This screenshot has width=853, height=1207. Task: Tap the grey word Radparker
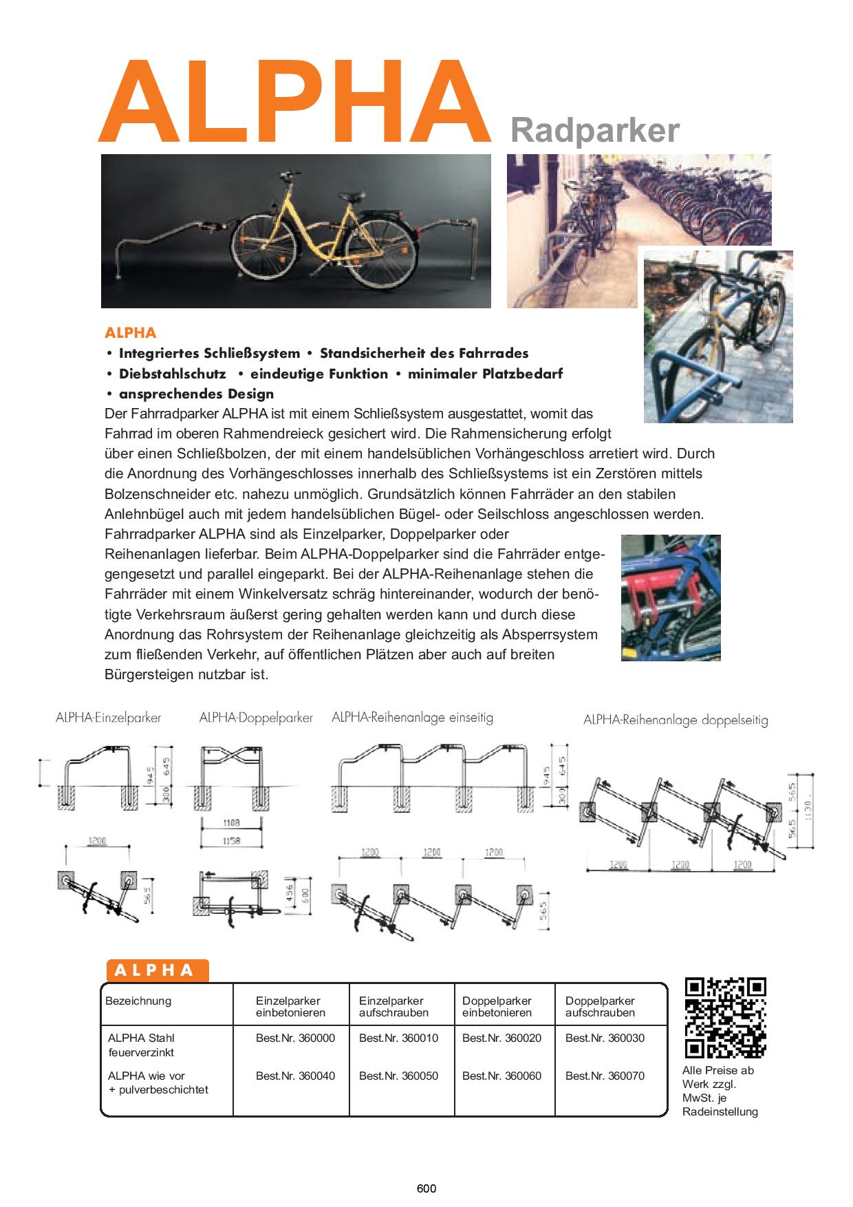594,129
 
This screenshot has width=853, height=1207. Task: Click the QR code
726,1016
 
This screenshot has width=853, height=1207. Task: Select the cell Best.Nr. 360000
295,1038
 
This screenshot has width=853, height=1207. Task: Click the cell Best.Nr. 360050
398,1076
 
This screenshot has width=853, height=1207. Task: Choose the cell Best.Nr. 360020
501,1038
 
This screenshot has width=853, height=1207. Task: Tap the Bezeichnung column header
138,1001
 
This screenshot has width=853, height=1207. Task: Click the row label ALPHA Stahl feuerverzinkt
141,1045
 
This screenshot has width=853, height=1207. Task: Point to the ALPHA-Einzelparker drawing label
108,718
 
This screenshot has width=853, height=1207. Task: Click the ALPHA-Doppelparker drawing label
256,718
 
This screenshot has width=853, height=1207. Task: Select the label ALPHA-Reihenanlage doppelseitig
676,720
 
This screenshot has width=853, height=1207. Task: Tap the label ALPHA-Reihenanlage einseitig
412,717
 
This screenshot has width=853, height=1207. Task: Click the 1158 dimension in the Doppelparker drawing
230,841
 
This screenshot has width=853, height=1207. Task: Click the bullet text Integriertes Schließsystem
209,353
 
